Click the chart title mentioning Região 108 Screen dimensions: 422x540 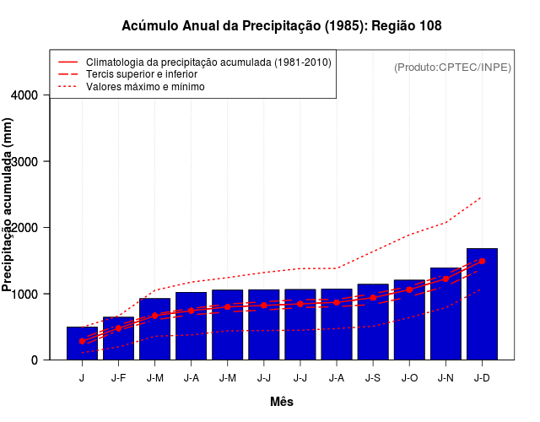click(281, 26)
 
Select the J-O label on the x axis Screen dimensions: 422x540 click(409, 378)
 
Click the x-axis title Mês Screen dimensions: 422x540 click(282, 402)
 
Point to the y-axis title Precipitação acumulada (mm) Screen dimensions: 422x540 click(8, 205)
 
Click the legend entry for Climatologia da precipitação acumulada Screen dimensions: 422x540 click(208, 62)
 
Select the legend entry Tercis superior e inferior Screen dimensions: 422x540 click(147, 74)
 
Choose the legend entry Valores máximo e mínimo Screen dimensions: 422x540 click(145, 86)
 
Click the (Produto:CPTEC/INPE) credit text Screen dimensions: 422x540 click(452, 67)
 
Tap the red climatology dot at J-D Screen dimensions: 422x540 click(482, 262)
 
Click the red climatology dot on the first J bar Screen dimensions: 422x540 click(82, 341)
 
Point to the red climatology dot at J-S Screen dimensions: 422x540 click(373, 297)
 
